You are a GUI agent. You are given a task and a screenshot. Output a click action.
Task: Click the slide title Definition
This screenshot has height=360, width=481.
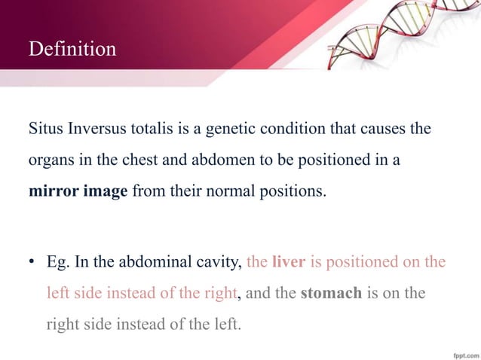point(72,50)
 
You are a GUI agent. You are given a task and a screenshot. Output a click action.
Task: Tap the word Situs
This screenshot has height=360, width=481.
point(46,128)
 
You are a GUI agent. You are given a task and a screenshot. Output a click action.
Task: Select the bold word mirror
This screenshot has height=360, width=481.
point(52,191)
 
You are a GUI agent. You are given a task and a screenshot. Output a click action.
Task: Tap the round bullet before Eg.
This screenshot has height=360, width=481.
point(32,263)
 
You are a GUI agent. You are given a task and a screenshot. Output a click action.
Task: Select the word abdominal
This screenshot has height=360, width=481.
point(157,262)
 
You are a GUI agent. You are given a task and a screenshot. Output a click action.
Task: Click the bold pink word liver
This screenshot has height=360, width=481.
point(287,262)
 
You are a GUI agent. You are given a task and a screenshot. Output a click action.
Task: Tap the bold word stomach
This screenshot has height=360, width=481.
point(331,293)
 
